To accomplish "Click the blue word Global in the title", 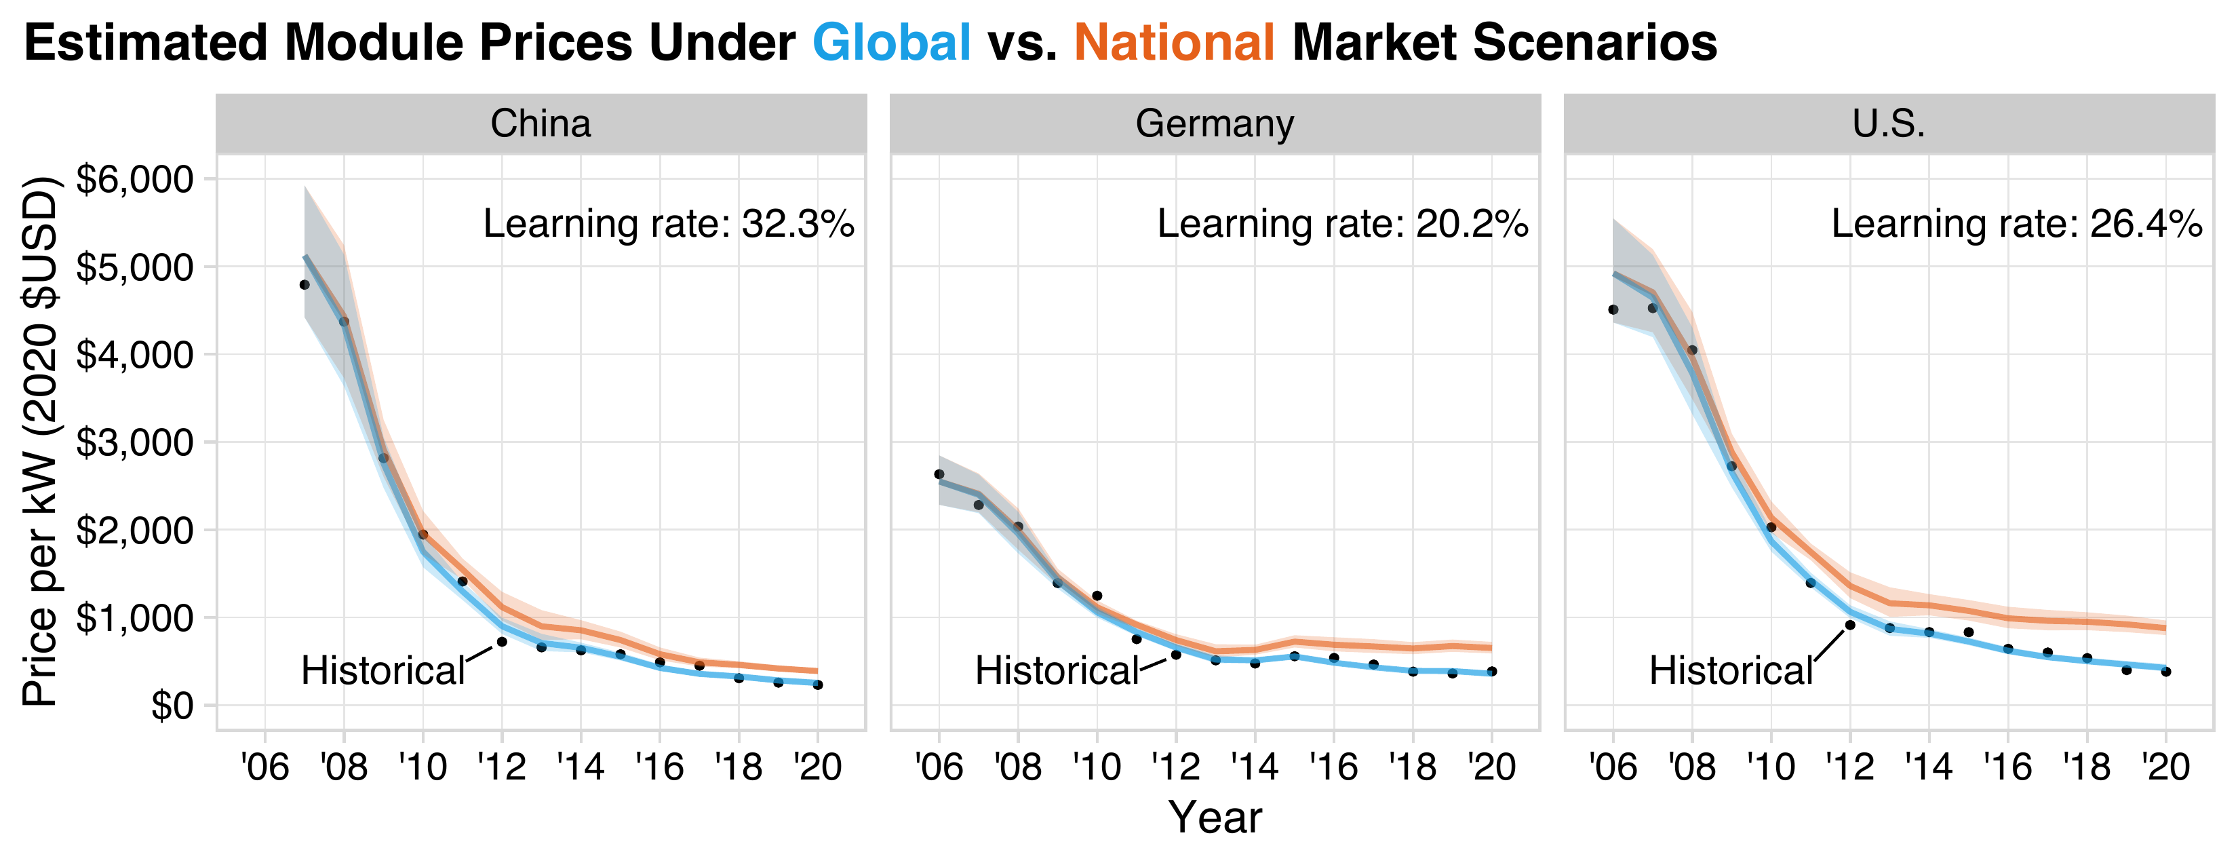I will click(x=891, y=42).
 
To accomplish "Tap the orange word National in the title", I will click(x=1175, y=42).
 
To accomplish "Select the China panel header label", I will click(x=541, y=123).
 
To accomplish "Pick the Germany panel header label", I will click(x=1215, y=123).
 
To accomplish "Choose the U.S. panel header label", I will click(x=1889, y=123).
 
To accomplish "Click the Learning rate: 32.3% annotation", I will click(x=668, y=225).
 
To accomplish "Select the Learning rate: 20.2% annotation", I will click(x=1342, y=225).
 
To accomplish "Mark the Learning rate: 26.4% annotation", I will click(x=2016, y=225).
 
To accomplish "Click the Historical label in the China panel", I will click(x=383, y=671).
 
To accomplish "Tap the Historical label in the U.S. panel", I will click(x=1731, y=671).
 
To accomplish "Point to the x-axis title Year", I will click(x=1215, y=818).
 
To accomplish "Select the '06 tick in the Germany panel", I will click(x=939, y=767).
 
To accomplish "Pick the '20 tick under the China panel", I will click(x=817, y=767).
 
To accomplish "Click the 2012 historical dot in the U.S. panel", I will click(x=1849, y=625).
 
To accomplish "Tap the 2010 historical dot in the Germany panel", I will click(x=1097, y=596).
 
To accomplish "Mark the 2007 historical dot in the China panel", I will click(x=304, y=284).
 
